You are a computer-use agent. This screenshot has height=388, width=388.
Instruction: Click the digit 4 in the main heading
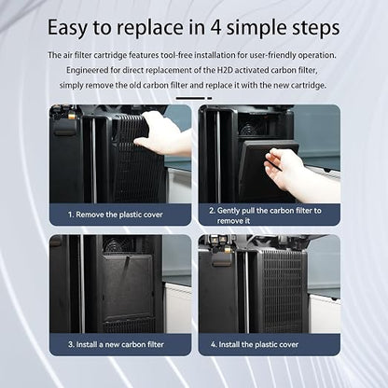coord(215,27)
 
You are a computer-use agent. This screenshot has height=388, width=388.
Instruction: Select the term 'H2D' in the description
coord(225,70)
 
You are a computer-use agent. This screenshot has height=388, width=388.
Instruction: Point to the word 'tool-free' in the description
coord(176,55)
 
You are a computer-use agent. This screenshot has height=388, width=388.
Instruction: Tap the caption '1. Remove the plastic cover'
coord(116,215)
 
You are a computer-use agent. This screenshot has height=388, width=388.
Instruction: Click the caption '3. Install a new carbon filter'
coord(116,344)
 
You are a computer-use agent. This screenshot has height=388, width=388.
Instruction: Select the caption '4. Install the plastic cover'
coord(255,344)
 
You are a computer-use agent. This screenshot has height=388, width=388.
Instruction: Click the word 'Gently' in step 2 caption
coord(229,211)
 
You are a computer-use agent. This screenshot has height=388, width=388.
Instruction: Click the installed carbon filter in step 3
coord(127,287)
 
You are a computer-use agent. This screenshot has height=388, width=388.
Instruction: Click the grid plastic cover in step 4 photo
coord(283,291)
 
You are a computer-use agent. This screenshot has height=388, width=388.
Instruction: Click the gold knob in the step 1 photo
coord(72,117)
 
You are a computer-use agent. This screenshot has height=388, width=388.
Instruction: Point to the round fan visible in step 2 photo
coord(249,129)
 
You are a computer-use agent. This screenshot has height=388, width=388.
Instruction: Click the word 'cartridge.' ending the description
coord(309,85)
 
